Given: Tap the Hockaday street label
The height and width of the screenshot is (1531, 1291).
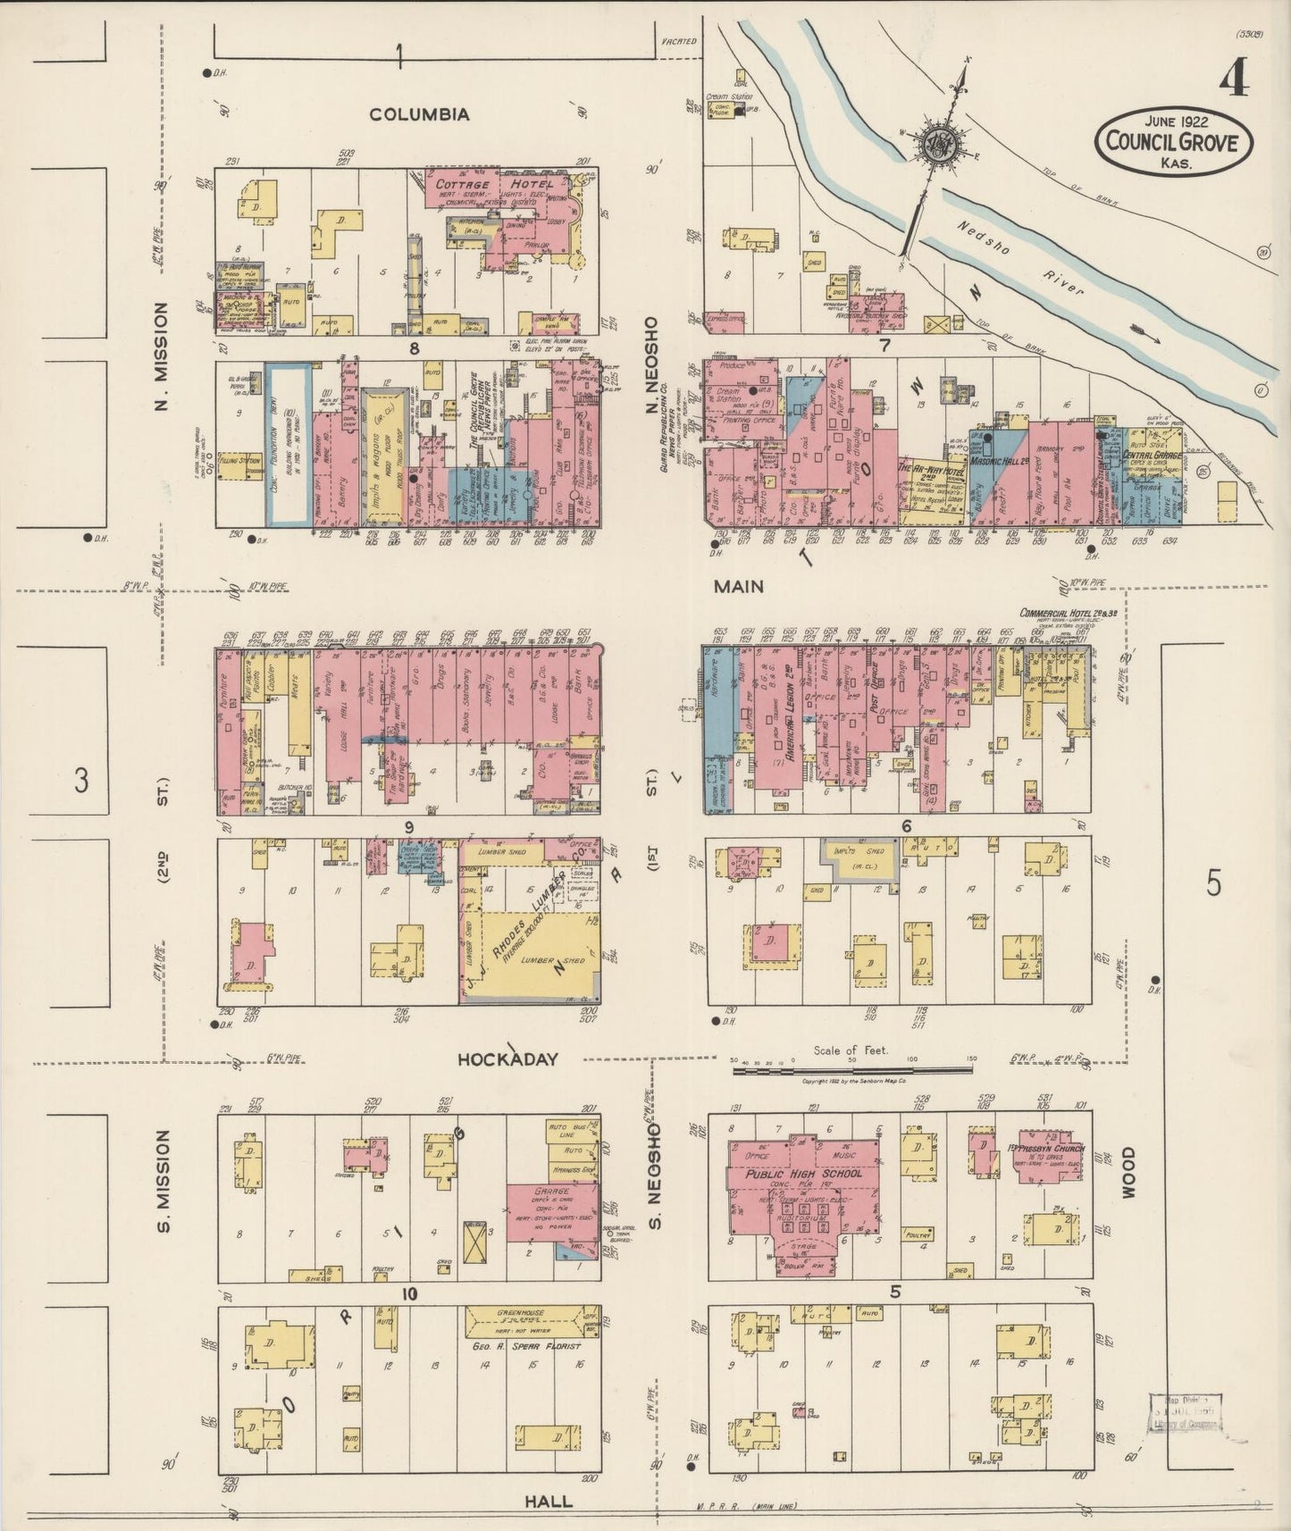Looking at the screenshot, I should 507,1059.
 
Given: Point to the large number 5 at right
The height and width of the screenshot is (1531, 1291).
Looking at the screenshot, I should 1212,883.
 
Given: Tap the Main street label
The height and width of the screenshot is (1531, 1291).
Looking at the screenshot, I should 739,586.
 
